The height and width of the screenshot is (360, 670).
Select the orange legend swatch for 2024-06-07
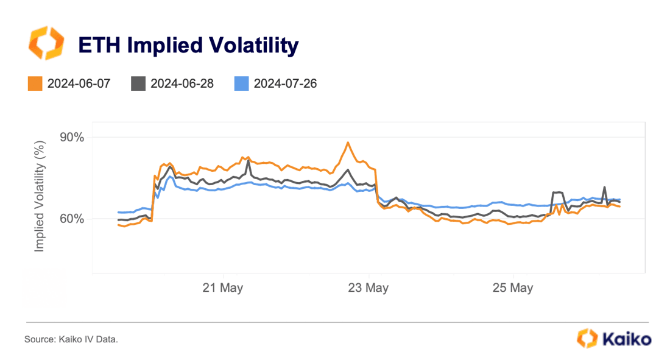click(x=35, y=83)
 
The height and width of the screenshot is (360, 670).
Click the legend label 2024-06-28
click(x=182, y=83)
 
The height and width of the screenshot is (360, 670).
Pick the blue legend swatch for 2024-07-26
click(x=241, y=83)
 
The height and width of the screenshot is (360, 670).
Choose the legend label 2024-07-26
click(x=285, y=83)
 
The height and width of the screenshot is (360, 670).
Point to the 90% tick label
click(x=71, y=137)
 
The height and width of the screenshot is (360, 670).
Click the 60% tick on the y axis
click(x=71, y=219)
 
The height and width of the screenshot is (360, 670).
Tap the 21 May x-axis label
click(x=223, y=288)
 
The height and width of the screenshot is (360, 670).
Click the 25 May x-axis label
click(x=513, y=288)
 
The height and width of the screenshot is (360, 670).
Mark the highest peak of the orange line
click(x=348, y=143)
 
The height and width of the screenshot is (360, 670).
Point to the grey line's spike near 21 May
click(x=249, y=161)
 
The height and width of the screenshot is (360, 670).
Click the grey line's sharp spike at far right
click(x=604, y=187)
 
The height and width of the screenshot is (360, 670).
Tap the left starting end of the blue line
click(x=119, y=212)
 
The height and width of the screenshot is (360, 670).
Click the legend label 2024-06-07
click(x=79, y=83)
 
